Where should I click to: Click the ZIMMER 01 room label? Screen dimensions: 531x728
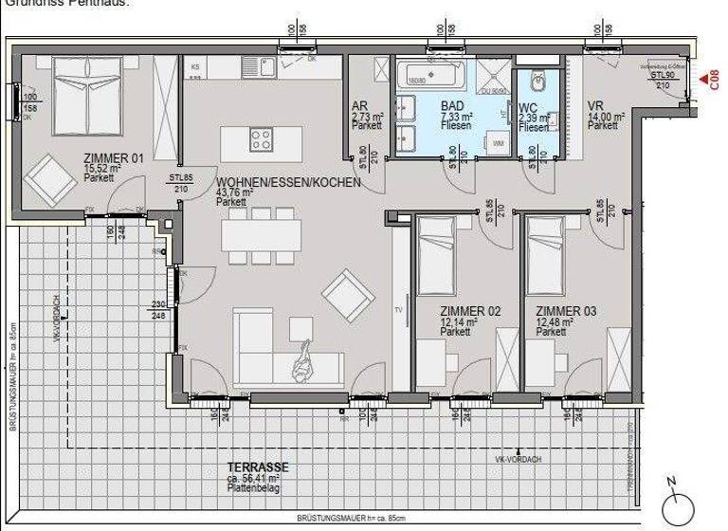point(113,158)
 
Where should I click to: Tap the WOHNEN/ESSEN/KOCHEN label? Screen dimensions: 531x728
point(287,182)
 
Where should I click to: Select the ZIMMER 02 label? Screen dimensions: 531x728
point(470,311)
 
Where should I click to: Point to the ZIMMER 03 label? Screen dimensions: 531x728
point(565,311)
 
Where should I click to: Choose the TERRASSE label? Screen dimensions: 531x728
point(258,467)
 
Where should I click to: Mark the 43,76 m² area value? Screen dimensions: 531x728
point(233,192)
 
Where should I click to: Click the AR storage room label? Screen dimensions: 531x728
point(359,106)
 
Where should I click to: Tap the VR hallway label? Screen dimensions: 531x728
point(595,105)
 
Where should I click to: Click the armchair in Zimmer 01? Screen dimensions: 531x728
point(47,178)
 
